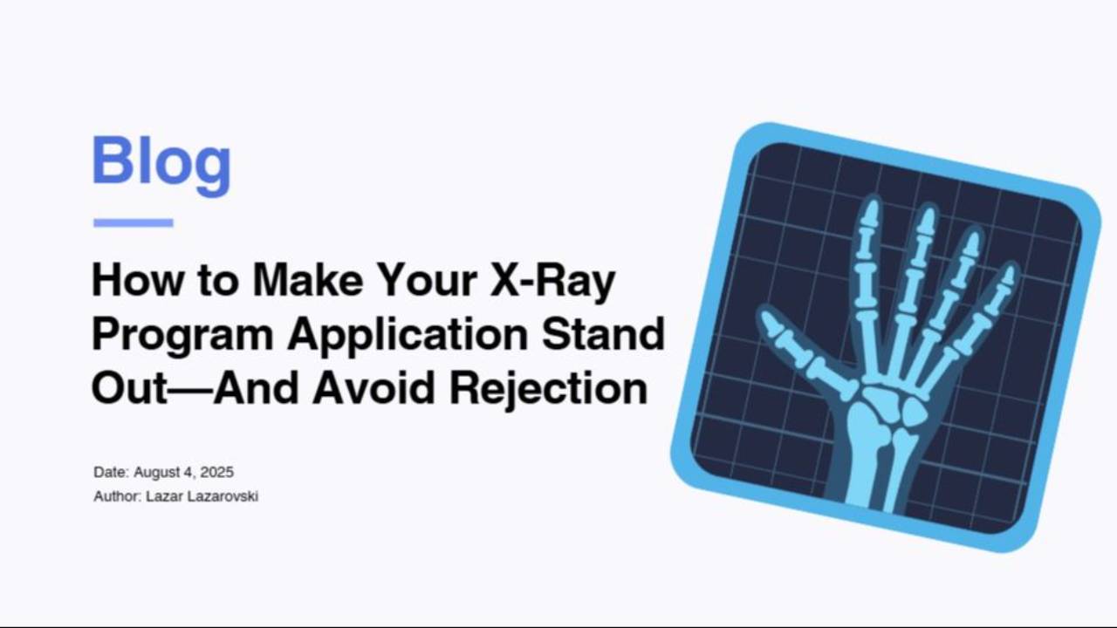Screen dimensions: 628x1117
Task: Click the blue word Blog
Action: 161,162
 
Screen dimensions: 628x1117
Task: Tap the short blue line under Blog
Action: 133,222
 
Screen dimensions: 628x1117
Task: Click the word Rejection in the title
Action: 548,388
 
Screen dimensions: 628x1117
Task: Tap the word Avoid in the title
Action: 373,388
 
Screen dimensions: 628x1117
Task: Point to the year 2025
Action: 216,472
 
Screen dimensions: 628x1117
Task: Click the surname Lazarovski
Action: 223,496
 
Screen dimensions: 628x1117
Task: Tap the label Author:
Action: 117,496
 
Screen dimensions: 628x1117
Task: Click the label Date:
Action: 111,472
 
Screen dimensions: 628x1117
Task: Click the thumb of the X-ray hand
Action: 803,349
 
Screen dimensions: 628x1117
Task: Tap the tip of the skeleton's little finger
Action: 1009,276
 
